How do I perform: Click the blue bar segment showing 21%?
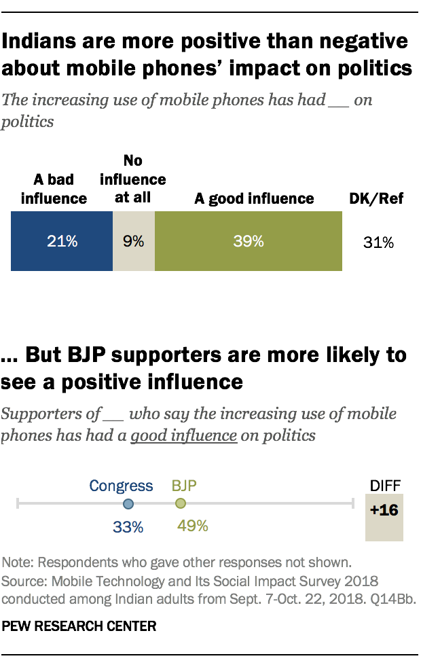pos(61,240)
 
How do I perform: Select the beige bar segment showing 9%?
pos(134,240)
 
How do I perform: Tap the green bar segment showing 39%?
pos(249,240)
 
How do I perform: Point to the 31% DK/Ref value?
pos(378,242)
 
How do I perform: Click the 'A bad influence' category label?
pos(54,190)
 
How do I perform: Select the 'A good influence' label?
pos(254,198)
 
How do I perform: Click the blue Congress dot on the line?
pos(128,504)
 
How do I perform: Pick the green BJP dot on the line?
pos(180,504)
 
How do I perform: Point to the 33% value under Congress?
pos(128,526)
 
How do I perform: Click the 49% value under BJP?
pos(192,526)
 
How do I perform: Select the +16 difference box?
pos(384,511)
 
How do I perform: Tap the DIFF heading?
pos(384,485)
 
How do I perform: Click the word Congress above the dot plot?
pos(122,486)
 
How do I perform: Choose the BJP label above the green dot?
pos(184,486)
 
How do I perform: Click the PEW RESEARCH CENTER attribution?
pos(79,627)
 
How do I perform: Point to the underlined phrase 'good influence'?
pos(183,435)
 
